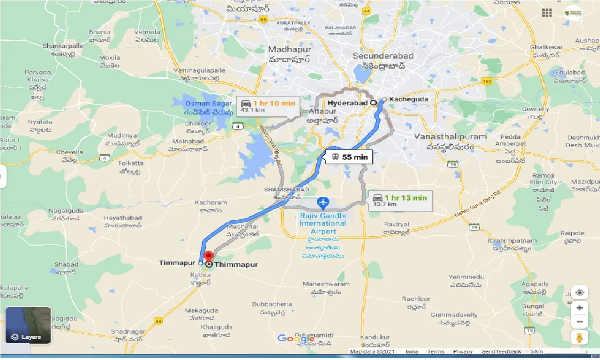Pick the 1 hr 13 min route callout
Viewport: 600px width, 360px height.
pyautogui.click(x=399, y=201)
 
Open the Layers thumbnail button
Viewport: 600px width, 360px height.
pyautogui.click(x=28, y=325)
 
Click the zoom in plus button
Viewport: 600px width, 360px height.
pyautogui.click(x=580, y=308)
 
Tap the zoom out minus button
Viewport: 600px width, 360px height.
pyautogui.click(x=580, y=322)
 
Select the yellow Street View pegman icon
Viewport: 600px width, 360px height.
pyautogui.click(x=580, y=337)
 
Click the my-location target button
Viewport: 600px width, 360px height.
pyautogui.click(x=580, y=292)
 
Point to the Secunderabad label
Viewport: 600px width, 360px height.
pyautogui.click(x=383, y=56)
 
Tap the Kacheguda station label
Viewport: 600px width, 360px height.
pyautogui.click(x=402, y=99)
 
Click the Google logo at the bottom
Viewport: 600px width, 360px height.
pyautogui.click(x=296, y=338)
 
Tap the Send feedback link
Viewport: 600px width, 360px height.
pyautogui.click(x=501, y=352)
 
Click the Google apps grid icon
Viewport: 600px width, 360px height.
pyautogui.click(x=546, y=13)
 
